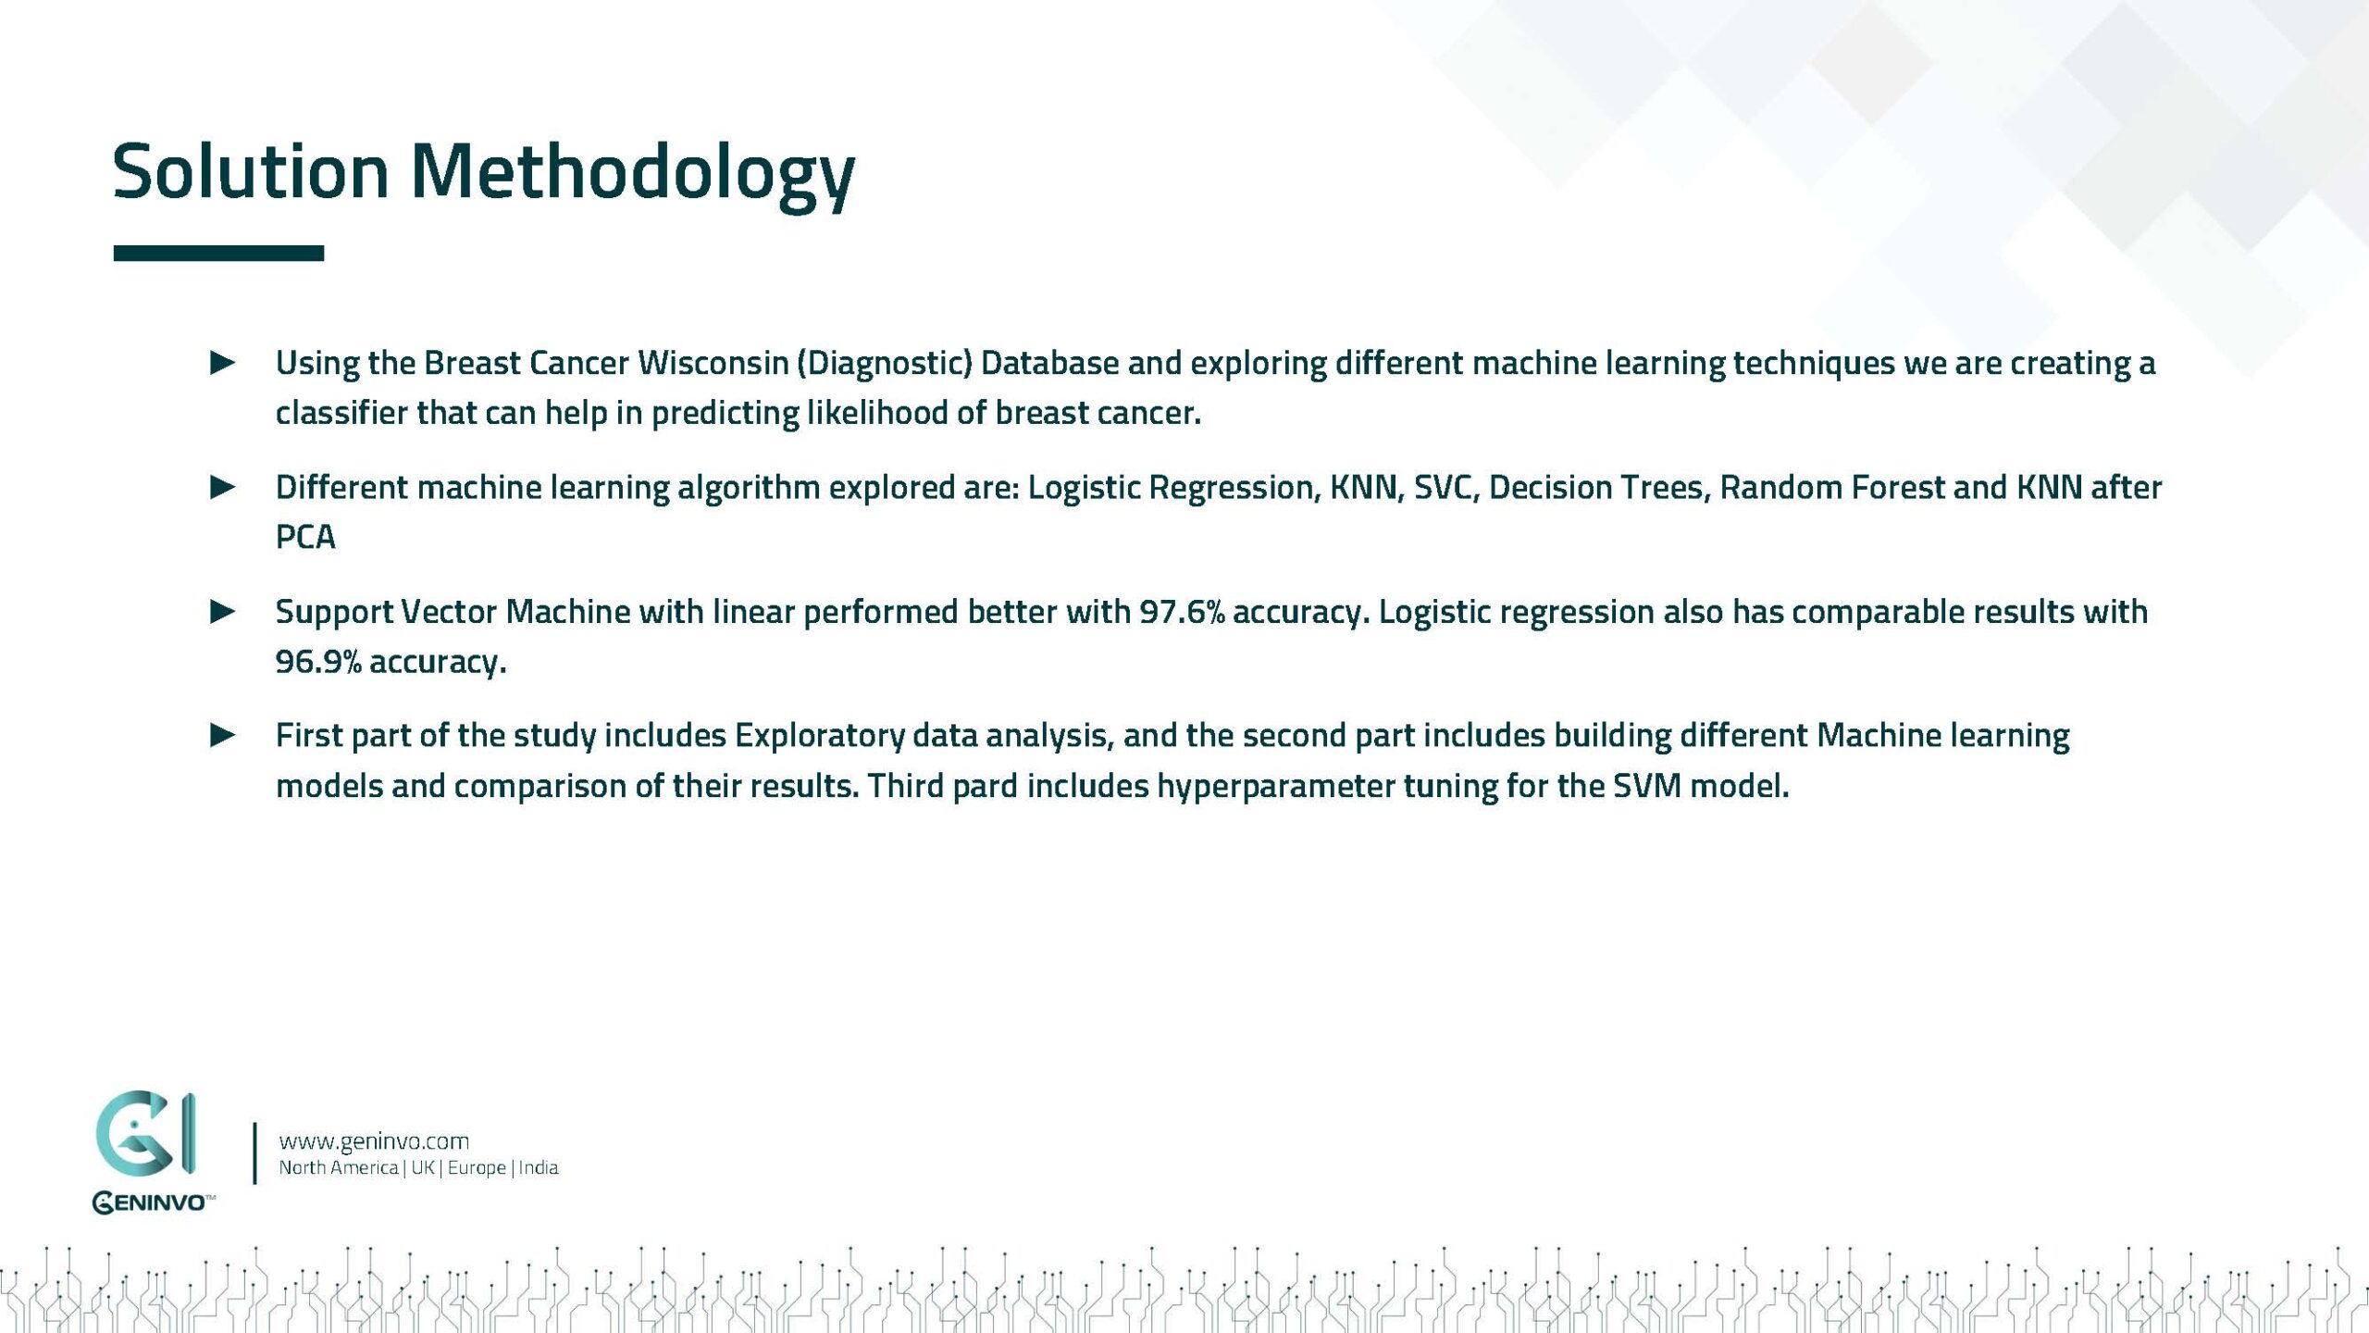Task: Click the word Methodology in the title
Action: point(632,173)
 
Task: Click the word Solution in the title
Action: point(250,173)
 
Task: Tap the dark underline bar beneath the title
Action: point(218,253)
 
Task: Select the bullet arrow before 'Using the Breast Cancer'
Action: point(222,363)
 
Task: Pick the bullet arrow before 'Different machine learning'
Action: point(222,487)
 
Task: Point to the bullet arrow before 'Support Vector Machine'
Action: point(222,611)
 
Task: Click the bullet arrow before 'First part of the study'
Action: point(222,736)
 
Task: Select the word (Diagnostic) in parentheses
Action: point(885,363)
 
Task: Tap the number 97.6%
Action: point(1182,612)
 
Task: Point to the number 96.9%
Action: point(317,662)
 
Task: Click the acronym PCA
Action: point(305,537)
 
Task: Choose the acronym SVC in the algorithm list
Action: point(1446,488)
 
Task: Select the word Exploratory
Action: point(819,736)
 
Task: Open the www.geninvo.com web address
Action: point(374,1141)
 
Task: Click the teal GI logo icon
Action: point(146,1134)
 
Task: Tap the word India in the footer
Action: point(539,1168)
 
